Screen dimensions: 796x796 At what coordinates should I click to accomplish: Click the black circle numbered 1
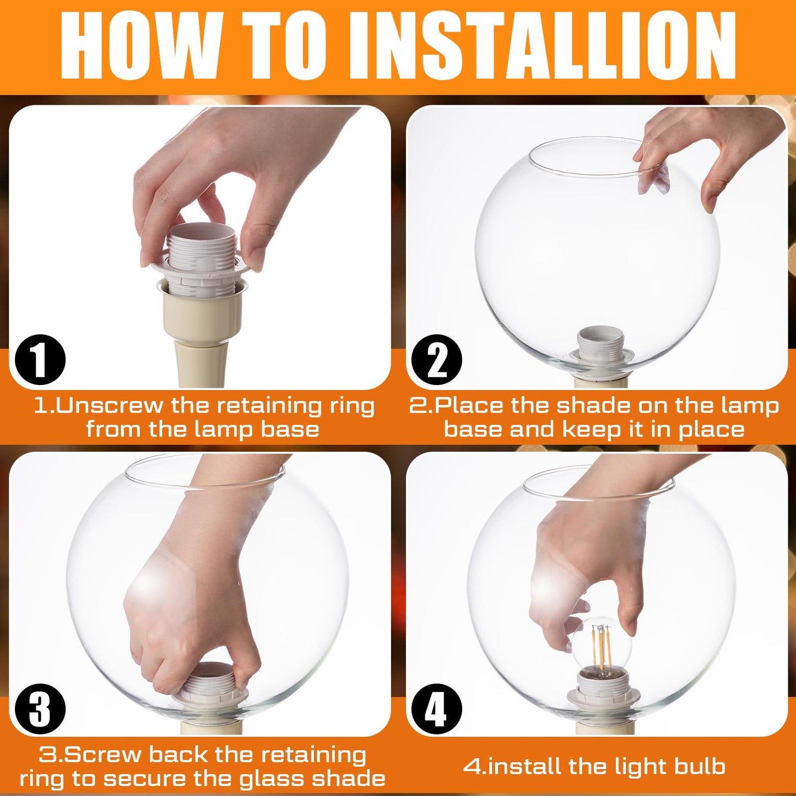click(40, 360)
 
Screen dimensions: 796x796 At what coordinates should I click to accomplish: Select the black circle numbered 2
click(437, 360)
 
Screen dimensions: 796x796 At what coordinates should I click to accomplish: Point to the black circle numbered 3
click(40, 708)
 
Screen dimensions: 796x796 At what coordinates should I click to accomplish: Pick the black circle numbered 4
click(437, 708)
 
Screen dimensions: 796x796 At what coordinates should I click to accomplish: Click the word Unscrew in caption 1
click(110, 406)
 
